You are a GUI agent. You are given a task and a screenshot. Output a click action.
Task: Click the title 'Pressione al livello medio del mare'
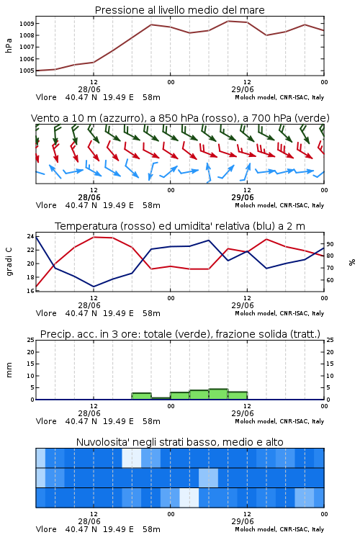179,10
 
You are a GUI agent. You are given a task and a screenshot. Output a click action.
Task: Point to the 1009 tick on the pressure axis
27,24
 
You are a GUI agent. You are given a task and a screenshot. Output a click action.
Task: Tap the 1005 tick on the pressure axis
27,71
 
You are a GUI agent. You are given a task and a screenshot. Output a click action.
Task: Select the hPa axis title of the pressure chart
9,45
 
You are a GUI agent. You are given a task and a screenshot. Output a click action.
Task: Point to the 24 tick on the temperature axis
30,236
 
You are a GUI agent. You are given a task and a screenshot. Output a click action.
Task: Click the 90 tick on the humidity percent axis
330,244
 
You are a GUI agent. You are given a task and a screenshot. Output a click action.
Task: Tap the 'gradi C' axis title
9,261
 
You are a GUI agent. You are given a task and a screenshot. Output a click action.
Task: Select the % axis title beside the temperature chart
352,262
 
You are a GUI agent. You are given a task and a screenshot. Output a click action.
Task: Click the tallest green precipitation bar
218,394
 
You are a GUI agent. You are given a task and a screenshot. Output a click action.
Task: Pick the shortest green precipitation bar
161,398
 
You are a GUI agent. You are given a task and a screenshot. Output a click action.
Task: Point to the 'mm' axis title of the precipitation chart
9,370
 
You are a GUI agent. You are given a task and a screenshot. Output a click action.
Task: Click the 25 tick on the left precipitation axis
30,340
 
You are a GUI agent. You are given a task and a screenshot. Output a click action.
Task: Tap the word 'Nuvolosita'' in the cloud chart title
102,442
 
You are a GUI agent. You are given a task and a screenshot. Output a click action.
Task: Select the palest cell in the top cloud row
132,458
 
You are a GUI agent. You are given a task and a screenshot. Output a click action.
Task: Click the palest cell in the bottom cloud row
189,498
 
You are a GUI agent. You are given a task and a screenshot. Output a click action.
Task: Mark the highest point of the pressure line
228,21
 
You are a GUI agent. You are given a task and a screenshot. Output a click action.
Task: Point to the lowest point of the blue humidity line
94,287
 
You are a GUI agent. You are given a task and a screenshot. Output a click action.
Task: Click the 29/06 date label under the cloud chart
243,521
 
